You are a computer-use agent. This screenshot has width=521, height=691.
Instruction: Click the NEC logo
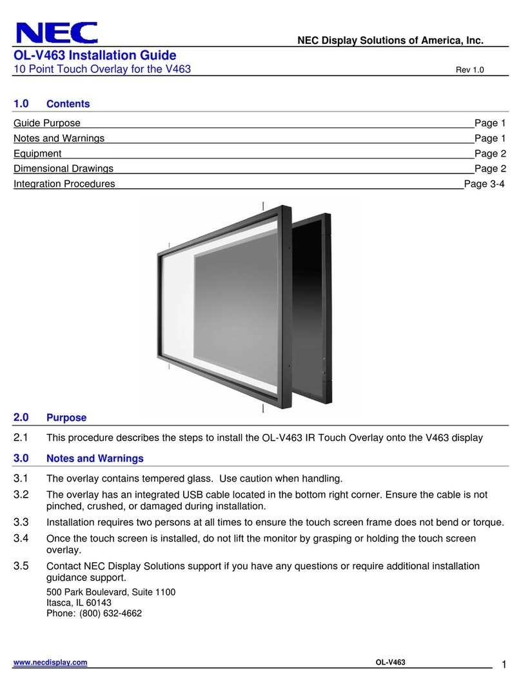tap(57, 33)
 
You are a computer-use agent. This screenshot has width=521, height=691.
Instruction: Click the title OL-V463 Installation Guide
tap(95, 56)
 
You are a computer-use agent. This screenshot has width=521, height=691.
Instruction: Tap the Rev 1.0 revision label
tap(469, 70)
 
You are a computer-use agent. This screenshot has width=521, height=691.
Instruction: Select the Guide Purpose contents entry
tap(47, 123)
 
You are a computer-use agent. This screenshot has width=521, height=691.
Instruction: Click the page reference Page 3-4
tap(484, 184)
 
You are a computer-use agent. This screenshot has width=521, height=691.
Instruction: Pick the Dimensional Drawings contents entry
tap(63, 168)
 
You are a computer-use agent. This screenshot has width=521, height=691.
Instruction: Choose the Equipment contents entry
tap(37, 153)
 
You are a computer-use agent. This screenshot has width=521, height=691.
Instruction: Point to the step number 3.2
tap(22, 494)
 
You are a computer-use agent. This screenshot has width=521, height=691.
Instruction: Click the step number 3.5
tap(22, 566)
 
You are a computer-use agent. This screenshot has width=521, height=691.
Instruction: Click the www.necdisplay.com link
tap(50, 663)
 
